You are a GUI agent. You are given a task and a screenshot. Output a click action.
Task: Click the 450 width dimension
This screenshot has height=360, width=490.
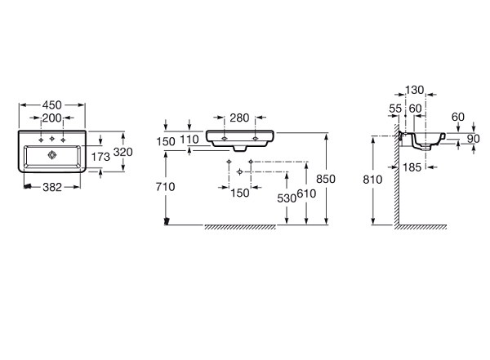click(52, 104)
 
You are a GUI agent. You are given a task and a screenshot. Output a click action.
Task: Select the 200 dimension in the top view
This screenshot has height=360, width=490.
click(52, 118)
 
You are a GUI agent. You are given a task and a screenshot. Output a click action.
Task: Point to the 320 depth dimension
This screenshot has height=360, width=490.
click(122, 152)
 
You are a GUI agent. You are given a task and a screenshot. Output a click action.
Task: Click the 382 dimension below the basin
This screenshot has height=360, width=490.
click(51, 186)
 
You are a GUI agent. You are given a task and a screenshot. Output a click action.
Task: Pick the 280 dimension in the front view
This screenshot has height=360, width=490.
click(239, 118)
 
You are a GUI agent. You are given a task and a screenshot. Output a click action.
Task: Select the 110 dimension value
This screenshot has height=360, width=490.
click(189, 140)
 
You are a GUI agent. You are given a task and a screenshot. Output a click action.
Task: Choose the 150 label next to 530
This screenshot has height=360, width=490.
click(239, 193)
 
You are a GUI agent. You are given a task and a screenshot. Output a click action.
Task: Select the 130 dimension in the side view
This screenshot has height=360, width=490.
click(415, 91)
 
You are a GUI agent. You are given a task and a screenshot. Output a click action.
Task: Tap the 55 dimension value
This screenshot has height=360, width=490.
click(395, 108)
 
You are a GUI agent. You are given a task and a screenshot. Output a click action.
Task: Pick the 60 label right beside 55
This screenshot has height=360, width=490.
click(415, 108)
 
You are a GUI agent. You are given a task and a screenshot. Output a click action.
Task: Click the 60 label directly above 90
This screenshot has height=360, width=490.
click(457, 116)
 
